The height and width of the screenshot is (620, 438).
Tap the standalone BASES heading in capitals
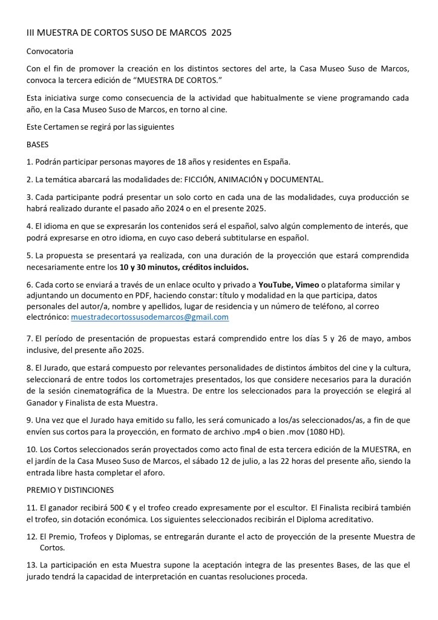coord(38,146)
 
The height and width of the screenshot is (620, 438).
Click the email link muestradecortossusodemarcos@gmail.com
coord(149,317)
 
